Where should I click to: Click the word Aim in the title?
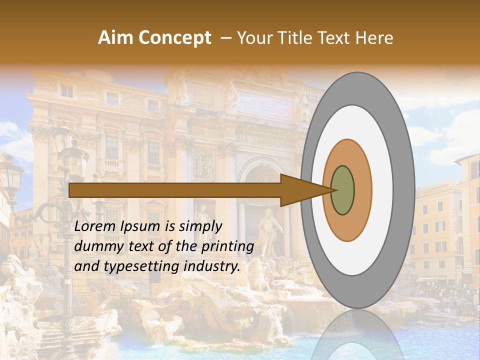pos(115,38)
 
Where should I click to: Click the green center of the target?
pos(342,190)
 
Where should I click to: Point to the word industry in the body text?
pos(210,266)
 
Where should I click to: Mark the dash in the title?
pos(226,38)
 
